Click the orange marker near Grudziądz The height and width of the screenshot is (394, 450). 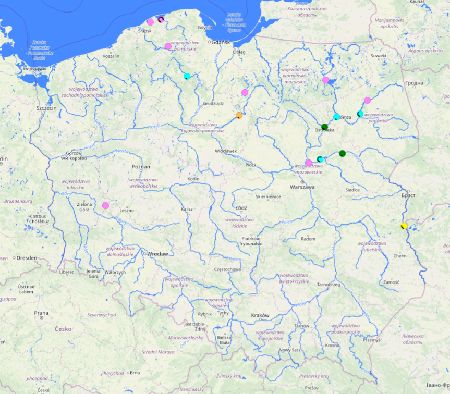[x=239, y=115]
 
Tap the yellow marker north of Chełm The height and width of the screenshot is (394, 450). [x=403, y=226]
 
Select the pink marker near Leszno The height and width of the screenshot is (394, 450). [x=106, y=205]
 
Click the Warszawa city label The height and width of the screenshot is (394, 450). [x=302, y=187]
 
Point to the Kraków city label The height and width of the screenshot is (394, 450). [x=260, y=315]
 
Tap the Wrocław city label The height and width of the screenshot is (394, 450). [x=157, y=254]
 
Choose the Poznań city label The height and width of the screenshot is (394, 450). [x=141, y=167]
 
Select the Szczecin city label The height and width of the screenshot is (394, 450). [x=46, y=108]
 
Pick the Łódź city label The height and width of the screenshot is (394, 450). [x=241, y=207]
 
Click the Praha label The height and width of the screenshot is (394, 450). [x=41, y=313]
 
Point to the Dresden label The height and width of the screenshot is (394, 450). [x=27, y=258]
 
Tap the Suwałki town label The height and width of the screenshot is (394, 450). [x=378, y=56]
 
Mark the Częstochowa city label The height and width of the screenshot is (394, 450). [x=227, y=269]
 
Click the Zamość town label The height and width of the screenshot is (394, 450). [x=391, y=282]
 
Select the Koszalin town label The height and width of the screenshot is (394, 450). [x=111, y=56]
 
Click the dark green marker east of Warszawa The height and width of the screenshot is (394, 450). [x=342, y=153]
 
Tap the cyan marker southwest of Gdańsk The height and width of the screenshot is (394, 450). [x=187, y=76]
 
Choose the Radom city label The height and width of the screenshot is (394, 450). [x=308, y=239]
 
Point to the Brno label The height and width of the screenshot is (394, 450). [x=135, y=373]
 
